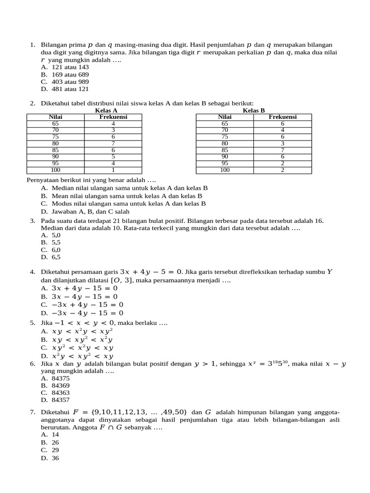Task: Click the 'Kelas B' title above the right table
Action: (x=254, y=110)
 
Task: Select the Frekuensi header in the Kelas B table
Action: (x=282, y=117)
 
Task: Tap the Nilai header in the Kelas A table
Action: (x=55, y=117)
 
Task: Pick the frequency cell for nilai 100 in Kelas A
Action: (x=113, y=170)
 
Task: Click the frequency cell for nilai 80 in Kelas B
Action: (x=282, y=143)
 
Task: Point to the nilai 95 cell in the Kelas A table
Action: (x=55, y=163)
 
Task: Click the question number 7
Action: (x=32, y=412)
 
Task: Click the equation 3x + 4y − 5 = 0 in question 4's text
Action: (x=151, y=272)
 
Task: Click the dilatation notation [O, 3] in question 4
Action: (x=121, y=280)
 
